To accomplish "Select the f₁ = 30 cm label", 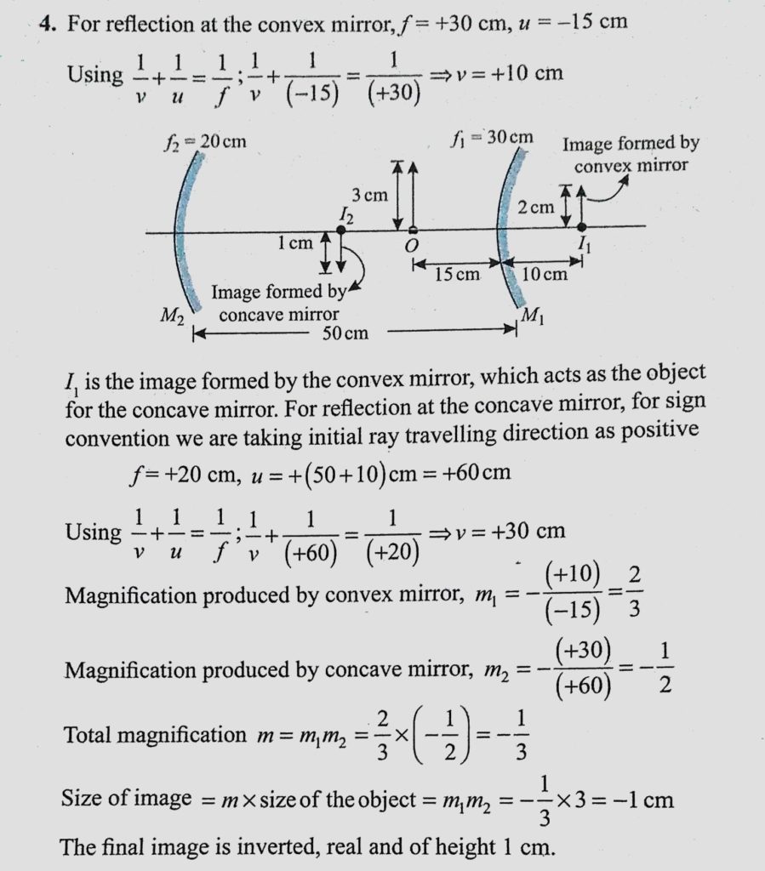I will pyautogui.click(x=493, y=137).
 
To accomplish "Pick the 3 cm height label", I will pyautogui.click(x=369, y=195).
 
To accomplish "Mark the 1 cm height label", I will pyautogui.click(x=294, y=244).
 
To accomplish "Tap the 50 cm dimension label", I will pyautogui.click(x=345, y=333).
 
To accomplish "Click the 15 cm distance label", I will pyautogui.click(x=457, y=274).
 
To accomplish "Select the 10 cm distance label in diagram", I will pyautogui.click(x=543, y=274).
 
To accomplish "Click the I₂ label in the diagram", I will pyautogui.click(x=345, y=218).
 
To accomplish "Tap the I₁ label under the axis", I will pyautogui.click(x=584, y=247).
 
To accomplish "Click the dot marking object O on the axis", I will pyautogui.click(x=413, y=230).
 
